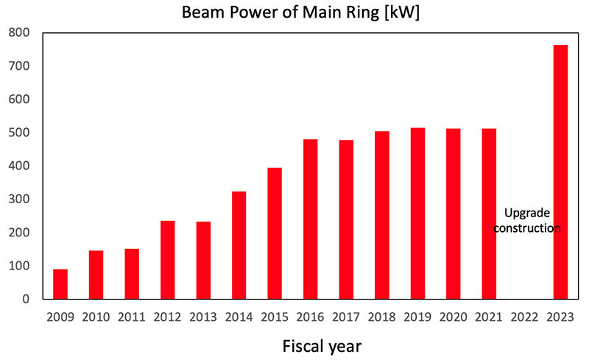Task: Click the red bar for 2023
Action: click(x=560, y=172)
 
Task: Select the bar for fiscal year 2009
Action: click(x=60, y=284)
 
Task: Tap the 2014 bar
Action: click(x=239, y=245)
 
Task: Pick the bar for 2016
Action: click(x=310, y=219)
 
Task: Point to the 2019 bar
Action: click(x=417, y=213)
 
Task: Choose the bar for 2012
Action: click(x=168, y=260)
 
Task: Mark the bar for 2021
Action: click(x=489, y=213)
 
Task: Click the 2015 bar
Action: click(x=275, y=233)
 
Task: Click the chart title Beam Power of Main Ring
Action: click(x=281, y=12)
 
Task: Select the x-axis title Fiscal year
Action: click(x=322, y=346)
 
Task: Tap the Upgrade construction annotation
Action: click(x=527, y=221)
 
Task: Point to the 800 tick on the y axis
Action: click(x=19, y=32)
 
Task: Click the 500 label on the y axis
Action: click(x=19, y=133)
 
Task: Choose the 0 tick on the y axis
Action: click(x=26, y=299)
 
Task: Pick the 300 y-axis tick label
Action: click(x=19, y=200)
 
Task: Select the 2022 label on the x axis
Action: click(x=524, y=317)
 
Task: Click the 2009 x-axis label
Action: click(x=60, y=317)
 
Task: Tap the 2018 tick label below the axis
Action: click(x=381, y=317)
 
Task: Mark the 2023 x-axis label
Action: click(x=560, y=317)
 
